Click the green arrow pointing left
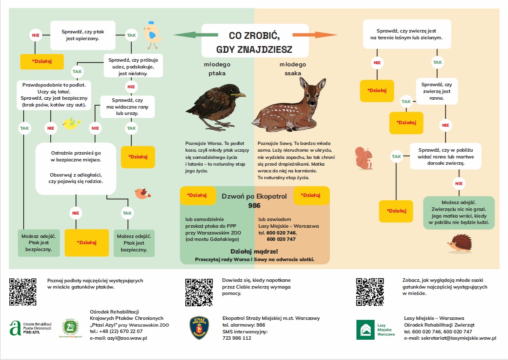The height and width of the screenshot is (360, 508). point(188,35)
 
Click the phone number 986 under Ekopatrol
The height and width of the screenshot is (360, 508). point(254,206)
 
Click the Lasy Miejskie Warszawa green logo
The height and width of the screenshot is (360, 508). point(365,330)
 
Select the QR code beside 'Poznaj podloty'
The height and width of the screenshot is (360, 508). point(23,292)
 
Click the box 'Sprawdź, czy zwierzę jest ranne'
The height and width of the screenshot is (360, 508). point(437,91)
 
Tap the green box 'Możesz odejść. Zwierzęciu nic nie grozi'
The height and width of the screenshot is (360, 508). point(459,213)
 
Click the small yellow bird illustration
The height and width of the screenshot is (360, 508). point(71,123)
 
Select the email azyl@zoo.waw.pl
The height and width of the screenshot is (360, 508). point(118,338)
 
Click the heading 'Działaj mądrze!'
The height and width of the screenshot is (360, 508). point(254,251)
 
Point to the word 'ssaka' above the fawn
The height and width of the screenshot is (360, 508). point(293,73)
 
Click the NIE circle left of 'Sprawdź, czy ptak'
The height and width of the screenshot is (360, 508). point(35,35)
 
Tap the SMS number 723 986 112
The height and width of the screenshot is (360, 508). point(236,338)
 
